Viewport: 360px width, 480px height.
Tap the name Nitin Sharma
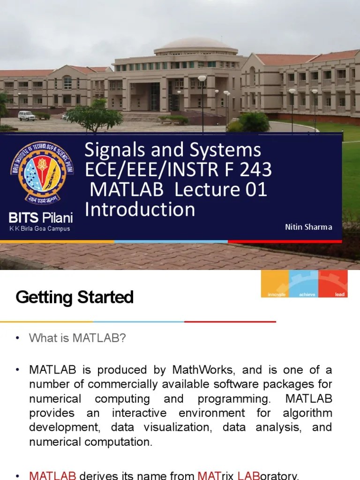(x=308, y=227)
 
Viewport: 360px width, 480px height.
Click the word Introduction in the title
(x=140, y=209)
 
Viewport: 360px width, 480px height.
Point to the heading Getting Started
(x=75, y=297)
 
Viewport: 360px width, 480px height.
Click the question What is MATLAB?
(x=78, y=338)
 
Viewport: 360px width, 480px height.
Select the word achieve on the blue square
(x=307, y=294)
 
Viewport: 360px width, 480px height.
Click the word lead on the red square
(x=340, y=294)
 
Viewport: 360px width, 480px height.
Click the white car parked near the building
(x=26, y=115)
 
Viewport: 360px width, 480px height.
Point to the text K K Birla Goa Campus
(x=40, y=229)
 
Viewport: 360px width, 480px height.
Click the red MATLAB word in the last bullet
(x=52, y=475)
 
